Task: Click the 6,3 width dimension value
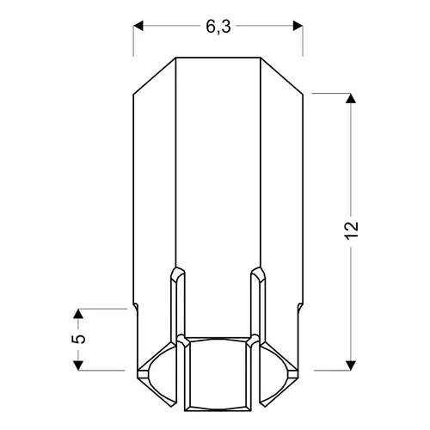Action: (218, 28)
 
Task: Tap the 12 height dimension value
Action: (352, 230)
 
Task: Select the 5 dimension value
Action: (78, 339)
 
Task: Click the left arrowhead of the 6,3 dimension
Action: (138, 26)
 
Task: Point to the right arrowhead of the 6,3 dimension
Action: (298, 26)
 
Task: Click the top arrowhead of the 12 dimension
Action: (351, 98)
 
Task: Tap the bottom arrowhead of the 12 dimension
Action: (351, 365)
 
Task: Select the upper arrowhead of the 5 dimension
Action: (78, 314)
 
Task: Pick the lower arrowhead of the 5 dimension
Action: (78, 365)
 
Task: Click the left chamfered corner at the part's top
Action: (155, 76)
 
